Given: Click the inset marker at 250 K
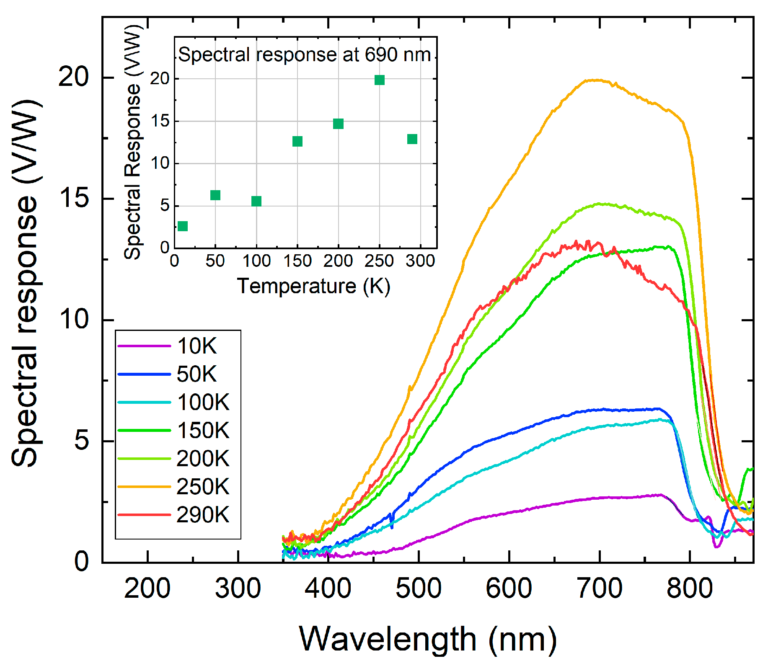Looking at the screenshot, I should (x=380, y=80).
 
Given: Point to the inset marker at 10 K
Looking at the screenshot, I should (x=183, y=226).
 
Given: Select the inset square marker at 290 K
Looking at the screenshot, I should (x=412, y=139).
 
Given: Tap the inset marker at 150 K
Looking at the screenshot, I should (x=297, y=141).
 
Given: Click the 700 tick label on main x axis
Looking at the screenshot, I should (x=600, y=588).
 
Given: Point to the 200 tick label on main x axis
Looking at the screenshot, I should (x=147, y=588).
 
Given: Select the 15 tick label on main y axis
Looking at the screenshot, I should (x=74, y=198).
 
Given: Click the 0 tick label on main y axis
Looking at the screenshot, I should (x=81, y=561).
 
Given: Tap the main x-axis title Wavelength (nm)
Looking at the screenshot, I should (x=427, y=639).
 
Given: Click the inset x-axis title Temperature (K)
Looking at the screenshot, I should (x=314, y=286).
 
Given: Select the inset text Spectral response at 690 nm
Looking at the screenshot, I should (x=305, y=54).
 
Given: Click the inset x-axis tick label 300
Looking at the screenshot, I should (x=420, y=261).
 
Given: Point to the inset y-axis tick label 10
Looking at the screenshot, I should (x=160, y=163).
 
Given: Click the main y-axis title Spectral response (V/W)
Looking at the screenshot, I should (x=26, y=283).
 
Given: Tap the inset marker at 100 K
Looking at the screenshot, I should (x=256, y=201).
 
